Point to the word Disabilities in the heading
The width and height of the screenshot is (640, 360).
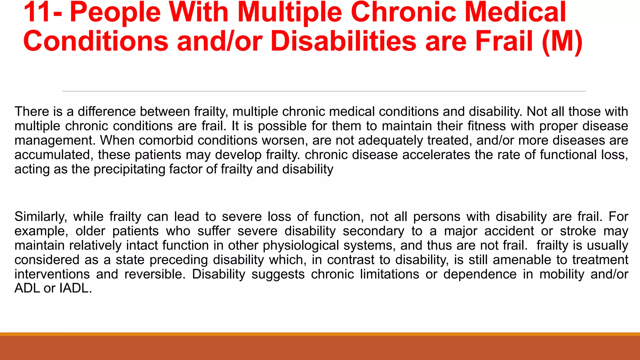pos(343,41)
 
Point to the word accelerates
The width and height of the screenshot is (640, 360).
pos(436,155)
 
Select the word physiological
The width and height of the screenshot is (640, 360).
pos(301,245)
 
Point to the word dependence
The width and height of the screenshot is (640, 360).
pos(480,274)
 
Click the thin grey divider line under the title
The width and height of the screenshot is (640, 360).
pos(324,91)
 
